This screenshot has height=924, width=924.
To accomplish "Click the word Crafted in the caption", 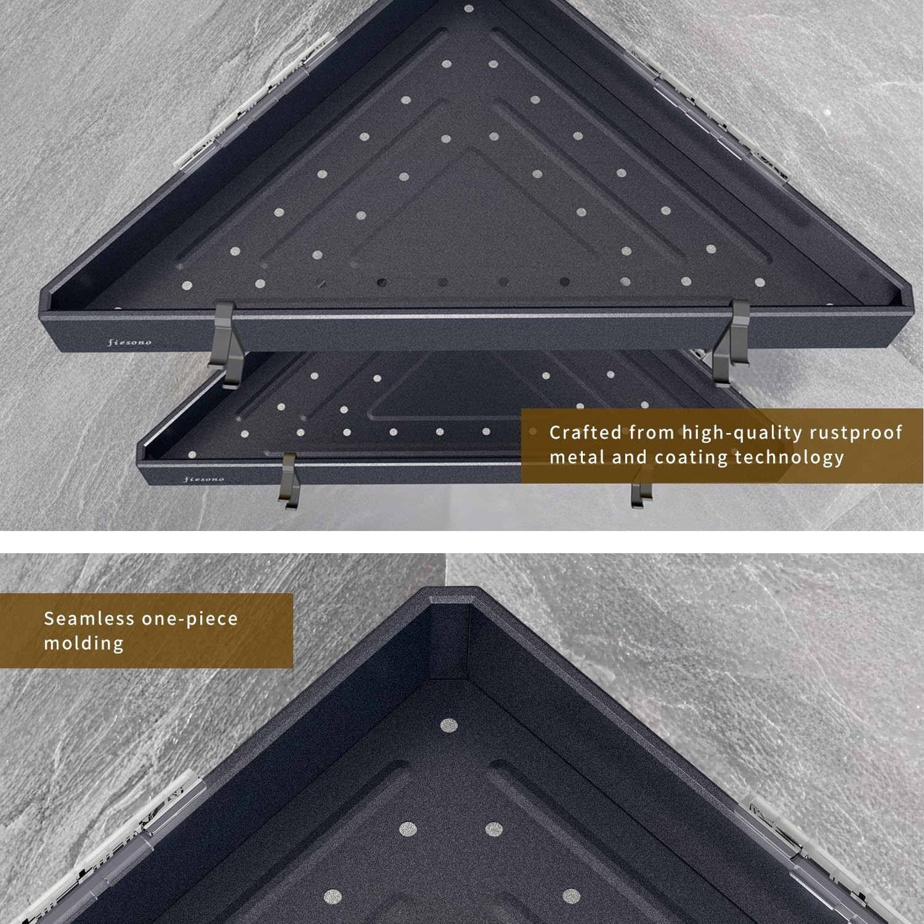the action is tap(585, 433).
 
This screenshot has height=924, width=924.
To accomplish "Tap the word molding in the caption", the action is tap(84, 644).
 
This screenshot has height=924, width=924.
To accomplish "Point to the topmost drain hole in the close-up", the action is tap(448, 726).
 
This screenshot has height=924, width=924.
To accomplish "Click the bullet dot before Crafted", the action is tap(533, 432).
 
